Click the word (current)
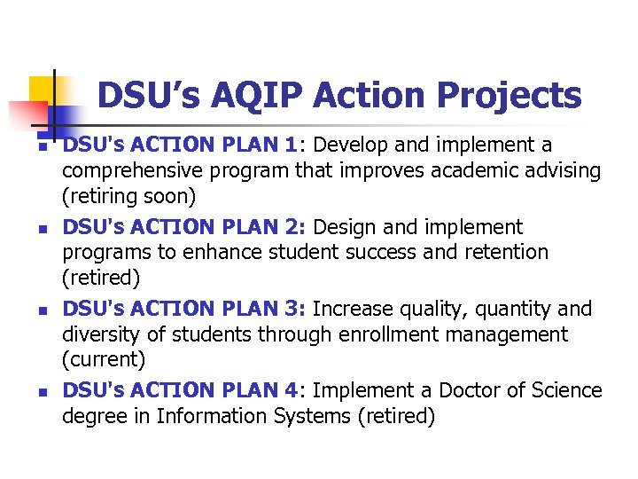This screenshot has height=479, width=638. coord(102,360)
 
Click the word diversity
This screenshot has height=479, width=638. coord(102,334)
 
